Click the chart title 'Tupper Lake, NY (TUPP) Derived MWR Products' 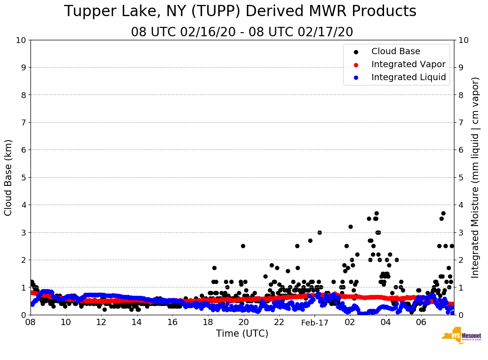click(240, 12)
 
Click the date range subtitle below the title click(242, 32)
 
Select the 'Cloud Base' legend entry click(396, 51)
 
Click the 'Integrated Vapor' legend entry click(408, 64)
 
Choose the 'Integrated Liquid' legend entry click(409, 77)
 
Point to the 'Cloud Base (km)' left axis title click(9, 177)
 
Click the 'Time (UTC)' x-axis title click(242, 334)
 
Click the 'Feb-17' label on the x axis click(315, 323)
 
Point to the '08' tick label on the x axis click(30, 322)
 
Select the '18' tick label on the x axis click(208, 322)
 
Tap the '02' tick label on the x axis click(350, 322)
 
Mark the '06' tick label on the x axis click(421, 322)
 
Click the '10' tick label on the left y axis click(21, 40)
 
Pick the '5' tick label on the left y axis click(23, 177)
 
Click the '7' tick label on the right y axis click(461, 122)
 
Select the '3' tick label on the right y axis click(461, 232)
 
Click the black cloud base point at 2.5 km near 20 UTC click(243, 246)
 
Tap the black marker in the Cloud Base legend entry click(356, 52)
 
